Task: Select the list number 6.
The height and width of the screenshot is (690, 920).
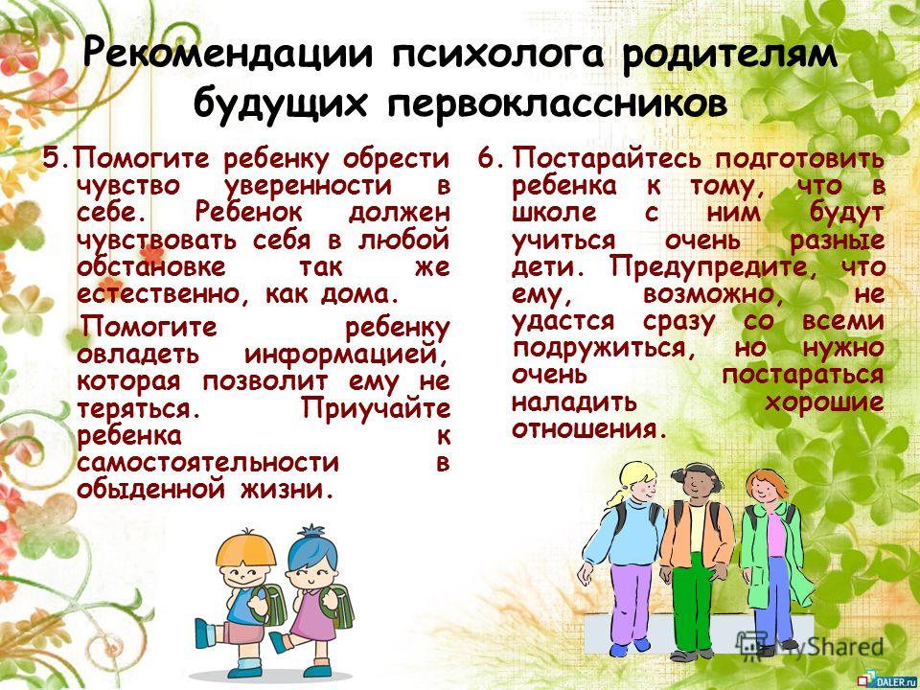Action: click(487, 158)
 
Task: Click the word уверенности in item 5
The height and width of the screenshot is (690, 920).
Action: click(309, 186)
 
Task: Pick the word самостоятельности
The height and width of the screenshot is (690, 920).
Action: click(208, 462)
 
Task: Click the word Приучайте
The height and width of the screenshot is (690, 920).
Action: click(376, 408)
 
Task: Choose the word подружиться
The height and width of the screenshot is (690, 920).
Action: click(600, 349)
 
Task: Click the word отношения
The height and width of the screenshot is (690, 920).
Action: click(589, 429)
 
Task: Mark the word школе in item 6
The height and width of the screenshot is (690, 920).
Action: click(554, 213)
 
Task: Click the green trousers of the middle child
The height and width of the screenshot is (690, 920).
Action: click(693, 602)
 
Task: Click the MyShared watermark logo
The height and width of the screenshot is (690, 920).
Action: click(810, 646)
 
